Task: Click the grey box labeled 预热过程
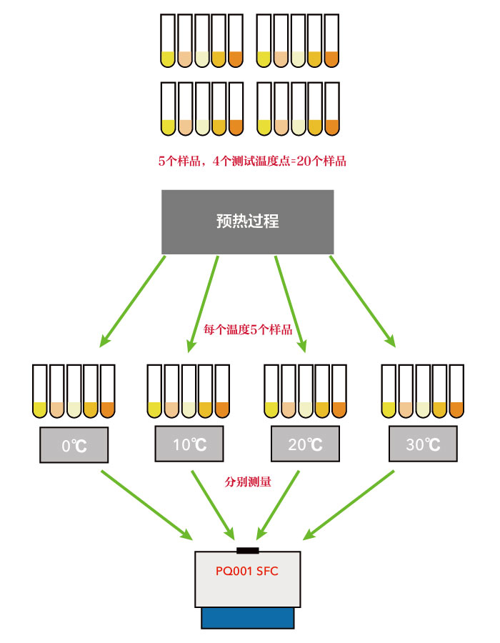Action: [x=247, y=221]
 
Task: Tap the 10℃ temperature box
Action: [x=190, y=444]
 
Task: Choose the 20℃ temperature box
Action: [x=305, y=444]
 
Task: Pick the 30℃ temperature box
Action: [x=422, y=444]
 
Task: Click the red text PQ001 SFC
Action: [x=247, y=572]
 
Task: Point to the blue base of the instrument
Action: [x=247, y=617]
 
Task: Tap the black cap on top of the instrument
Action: [x=247, y=549]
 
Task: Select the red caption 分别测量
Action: [x=248, y=482]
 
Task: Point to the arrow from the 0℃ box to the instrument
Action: [x=146, y=504]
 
